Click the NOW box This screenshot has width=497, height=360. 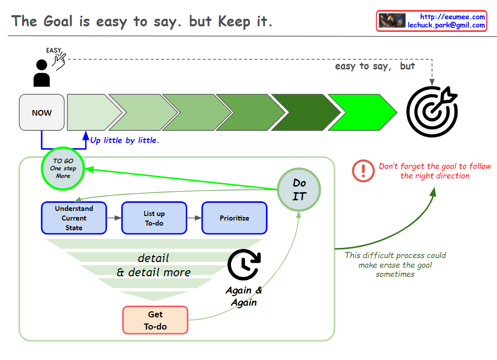coord(42,113)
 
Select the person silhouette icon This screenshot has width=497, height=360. coord(42,73)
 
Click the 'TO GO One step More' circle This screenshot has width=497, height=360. coord(63,168)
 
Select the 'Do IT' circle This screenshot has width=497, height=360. coord(299,189)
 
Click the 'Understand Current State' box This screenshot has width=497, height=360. coord(74,218)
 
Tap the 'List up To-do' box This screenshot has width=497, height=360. coord(154,218)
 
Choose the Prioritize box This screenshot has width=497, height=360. coord(234,218)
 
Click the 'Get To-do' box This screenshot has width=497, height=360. coord(155,320)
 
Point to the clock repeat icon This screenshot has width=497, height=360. coord(244,264)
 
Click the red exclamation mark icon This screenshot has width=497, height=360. coord(363,170)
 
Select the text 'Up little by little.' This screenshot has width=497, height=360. coord(125,140)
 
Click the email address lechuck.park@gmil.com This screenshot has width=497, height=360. coord(446,25)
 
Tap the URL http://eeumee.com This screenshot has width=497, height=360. coord(453,17)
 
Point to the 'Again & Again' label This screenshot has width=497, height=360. coord(244,296)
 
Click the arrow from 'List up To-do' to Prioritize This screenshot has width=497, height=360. coord(194,218)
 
